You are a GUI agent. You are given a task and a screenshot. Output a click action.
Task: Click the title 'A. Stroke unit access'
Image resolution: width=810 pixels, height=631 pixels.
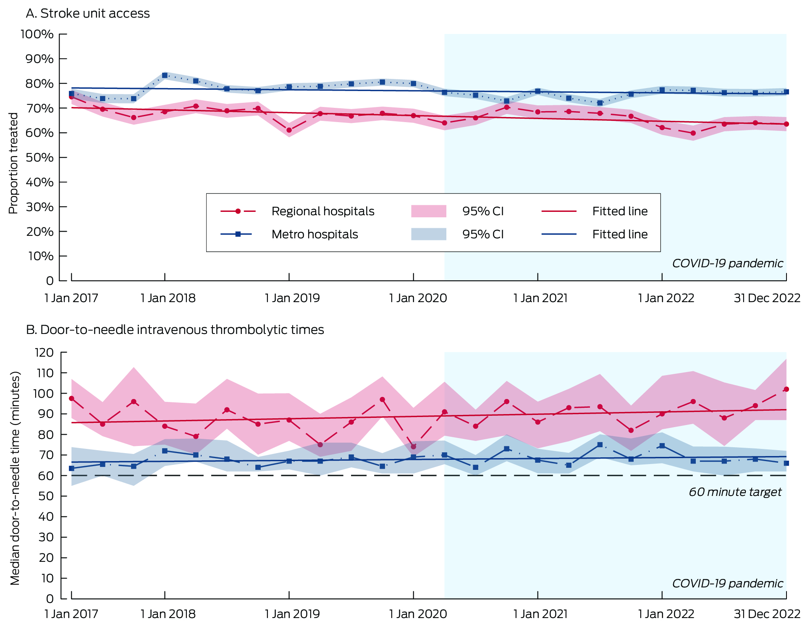pyautogui.click(x=87, y=13)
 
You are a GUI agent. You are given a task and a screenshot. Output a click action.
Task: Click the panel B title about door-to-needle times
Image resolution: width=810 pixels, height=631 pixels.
pyautogui.click(x=175, y=330)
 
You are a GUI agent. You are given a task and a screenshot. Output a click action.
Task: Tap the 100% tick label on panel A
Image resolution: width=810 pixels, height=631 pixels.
pyautogui.click(x=37, y=34)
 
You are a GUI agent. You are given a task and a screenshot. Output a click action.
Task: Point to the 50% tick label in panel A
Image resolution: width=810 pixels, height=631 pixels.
pyautogui.click(x=39, y=157)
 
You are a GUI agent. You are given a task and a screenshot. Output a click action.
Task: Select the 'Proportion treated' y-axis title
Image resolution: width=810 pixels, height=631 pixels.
pyautogui.click(x=13, y=163)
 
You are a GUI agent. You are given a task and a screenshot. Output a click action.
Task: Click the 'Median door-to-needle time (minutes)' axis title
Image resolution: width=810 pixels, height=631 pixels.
pyautogui.click(x=15, y=478)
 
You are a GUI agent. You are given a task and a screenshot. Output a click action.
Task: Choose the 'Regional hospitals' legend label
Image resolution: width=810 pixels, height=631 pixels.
pyautogui.click(x=322, y=211)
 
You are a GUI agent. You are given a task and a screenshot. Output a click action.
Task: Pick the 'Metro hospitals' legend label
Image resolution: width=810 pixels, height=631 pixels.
pyautogui.click(x=315, y=234)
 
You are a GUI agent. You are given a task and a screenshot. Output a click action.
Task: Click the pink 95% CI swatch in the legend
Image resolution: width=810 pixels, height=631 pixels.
pyautogui.click(x=428, y=211)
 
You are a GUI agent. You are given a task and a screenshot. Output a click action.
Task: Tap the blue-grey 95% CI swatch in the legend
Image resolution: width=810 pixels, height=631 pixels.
pyautogui.click(x=428, y=234)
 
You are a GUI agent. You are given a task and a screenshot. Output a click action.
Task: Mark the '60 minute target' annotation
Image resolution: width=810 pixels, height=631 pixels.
pyautogui.click(x=735, y=492)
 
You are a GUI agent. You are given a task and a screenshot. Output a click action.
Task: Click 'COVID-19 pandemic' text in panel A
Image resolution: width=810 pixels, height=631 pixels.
pyautogui.click(x=727, y=263)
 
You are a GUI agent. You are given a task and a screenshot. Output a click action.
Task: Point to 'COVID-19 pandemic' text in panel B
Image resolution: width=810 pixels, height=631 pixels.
pyautogui.click(x=727, y=583)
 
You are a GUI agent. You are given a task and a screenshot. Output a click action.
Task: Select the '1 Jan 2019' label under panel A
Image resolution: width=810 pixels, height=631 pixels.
pyautogui.click(x=292, y=298)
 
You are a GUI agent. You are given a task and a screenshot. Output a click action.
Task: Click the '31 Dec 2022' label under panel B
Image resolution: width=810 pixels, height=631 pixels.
pyautogui.click(x=767, y=614)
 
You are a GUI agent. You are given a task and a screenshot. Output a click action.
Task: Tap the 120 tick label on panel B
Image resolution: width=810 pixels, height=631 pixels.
pyautogui.click(x=45, y=352)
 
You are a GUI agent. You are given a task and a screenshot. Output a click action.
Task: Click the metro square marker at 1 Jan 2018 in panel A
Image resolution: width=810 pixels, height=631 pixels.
pyautogui.click(x=165, y=76)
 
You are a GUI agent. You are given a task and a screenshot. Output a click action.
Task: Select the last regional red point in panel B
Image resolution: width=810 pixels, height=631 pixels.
pyautogui.click(x=786, y=389)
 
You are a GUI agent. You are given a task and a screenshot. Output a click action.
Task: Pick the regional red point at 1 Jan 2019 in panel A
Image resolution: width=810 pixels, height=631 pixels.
pyautogui.click(x=289, y=130)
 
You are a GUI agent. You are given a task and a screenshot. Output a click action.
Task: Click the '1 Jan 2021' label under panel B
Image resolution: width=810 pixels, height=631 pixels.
pyautogui.click(x=540, y=614)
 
